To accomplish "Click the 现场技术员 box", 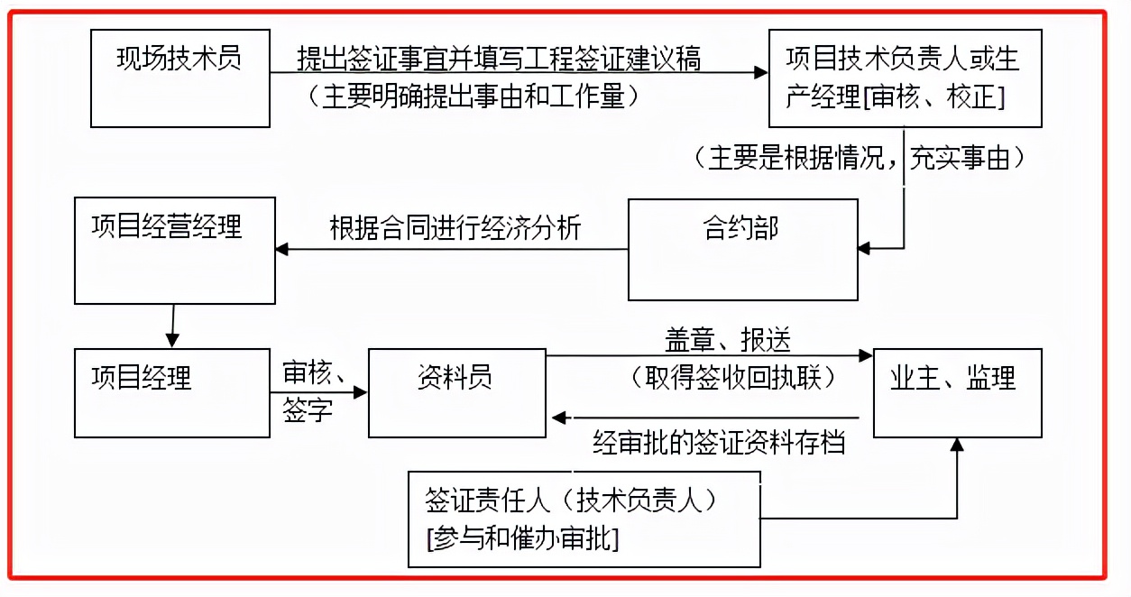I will point(180,78).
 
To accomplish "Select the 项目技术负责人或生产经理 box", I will point(905,78).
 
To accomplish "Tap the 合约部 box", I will point(742,250).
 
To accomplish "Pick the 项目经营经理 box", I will point(175,250).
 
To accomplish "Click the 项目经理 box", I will point(172,393).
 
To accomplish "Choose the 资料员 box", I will point(456,393).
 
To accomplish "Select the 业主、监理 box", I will point(957,393).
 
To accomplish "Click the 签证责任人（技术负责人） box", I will point(584,519).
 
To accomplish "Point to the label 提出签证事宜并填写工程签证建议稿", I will point(499,60).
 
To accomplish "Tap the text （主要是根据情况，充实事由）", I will point(860,159).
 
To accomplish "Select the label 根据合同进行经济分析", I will point(455,227).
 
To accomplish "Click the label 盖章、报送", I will point(727,339).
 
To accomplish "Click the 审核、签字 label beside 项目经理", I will point(308,391).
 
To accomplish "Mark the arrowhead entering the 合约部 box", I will point(864,247).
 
